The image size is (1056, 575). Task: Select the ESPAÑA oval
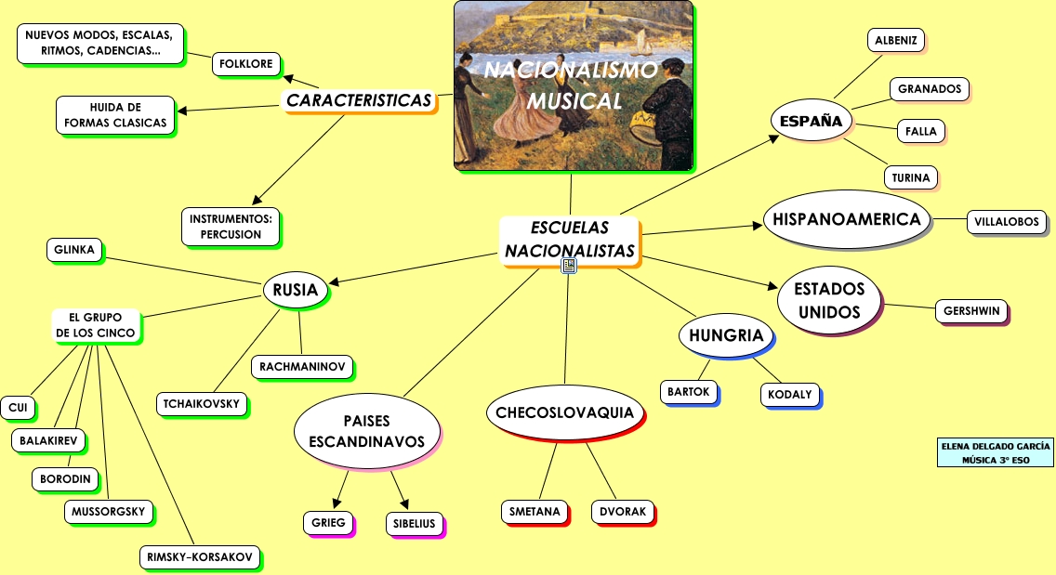pos(811,121)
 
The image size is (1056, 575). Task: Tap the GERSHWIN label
pos(970,310)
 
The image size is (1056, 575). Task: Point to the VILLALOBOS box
pos(1007,222)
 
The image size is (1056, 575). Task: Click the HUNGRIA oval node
pos(726,335)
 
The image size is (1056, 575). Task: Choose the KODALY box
pos(790,394)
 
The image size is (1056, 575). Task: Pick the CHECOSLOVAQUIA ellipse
pos(564,412)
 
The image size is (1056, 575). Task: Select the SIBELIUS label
pos(414,523)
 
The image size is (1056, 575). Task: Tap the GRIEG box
pos(328,522)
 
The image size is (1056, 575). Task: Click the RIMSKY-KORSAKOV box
pos(199,556)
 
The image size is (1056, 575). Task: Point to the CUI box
pos(18,407)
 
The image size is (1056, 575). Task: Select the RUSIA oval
pos(296,290)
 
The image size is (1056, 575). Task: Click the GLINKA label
pos(74,249)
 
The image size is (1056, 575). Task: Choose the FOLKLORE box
pos(246,63)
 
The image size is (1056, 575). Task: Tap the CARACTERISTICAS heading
pos(359,100)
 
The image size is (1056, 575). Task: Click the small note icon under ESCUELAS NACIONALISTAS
pos(569,267)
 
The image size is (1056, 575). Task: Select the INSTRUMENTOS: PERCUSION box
pos(231,227)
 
